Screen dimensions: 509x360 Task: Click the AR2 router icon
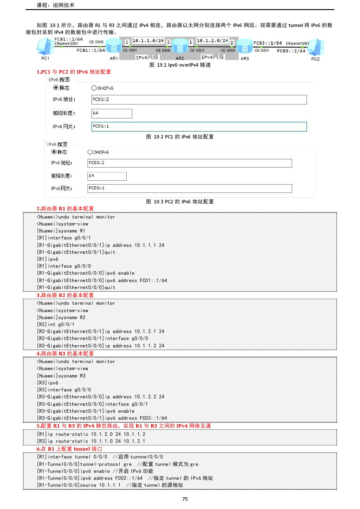click(179, 45)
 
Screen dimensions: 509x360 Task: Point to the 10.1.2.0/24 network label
click(212, 40)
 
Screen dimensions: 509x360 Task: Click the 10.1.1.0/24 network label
click(148, 40)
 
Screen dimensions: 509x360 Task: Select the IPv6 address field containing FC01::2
click(199, 100)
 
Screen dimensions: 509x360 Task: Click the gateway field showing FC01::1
click(199, 126)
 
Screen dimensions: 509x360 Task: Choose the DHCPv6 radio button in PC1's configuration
click(94, 88)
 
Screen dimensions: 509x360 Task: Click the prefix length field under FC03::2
click(107, 176)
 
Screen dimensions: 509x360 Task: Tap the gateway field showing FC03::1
click(189, 188)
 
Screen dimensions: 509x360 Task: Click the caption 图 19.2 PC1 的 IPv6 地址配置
click(180, 137)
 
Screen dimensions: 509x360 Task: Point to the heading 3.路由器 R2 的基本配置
click(65, 295)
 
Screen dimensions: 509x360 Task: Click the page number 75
click(185, 499)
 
